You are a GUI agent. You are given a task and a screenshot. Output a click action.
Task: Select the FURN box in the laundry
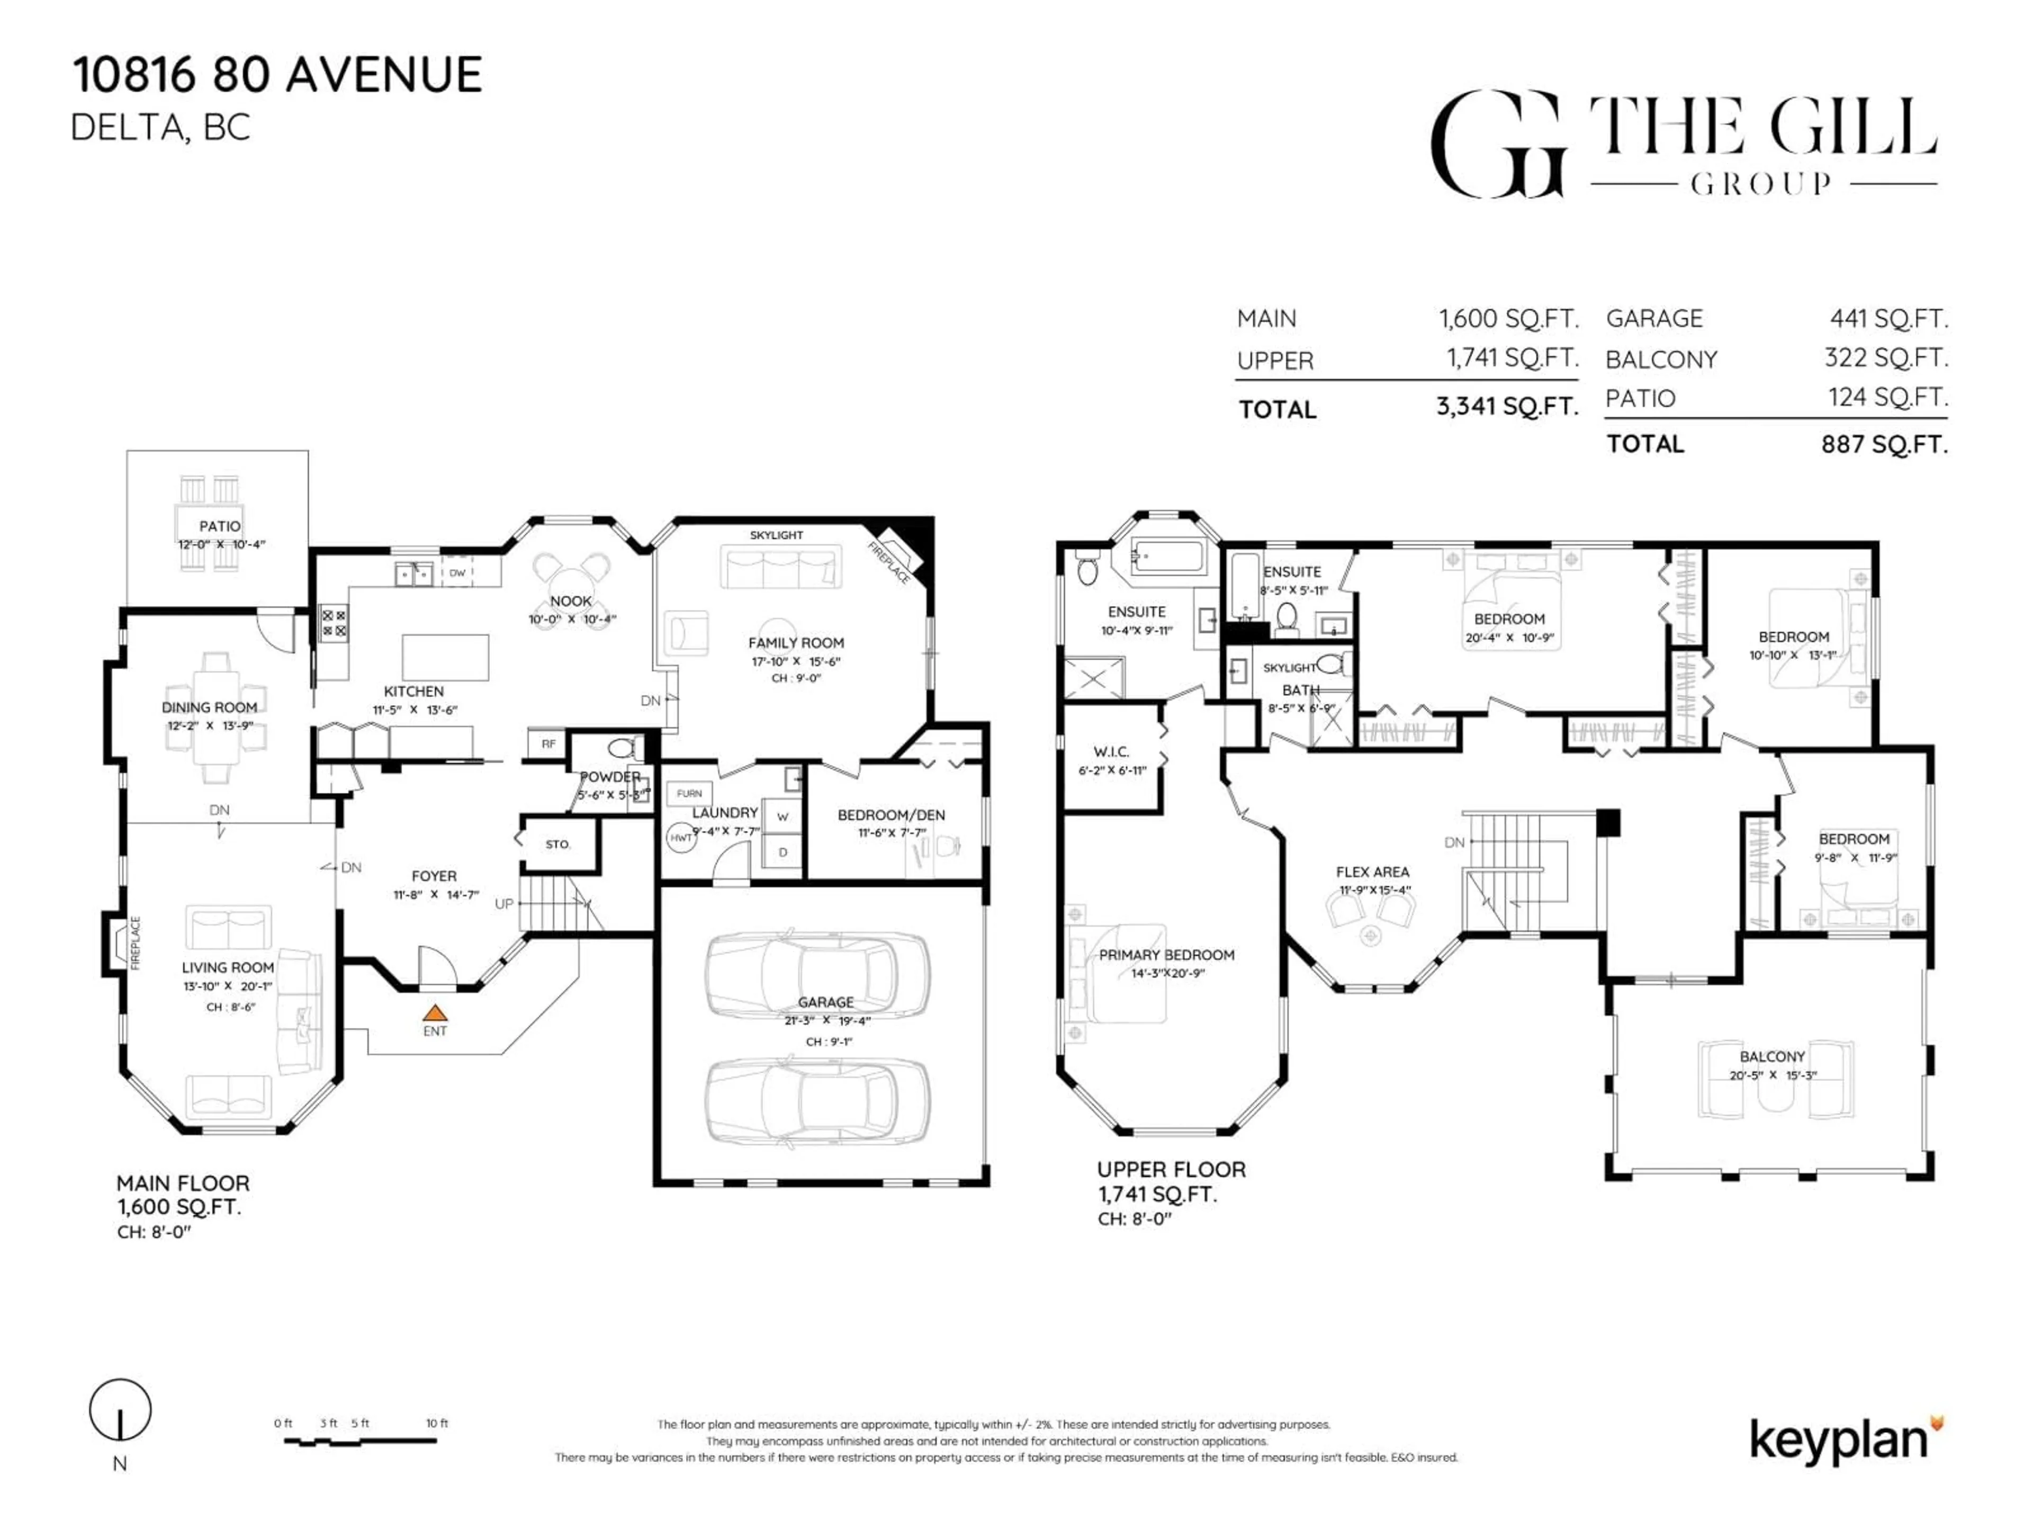(689, 793)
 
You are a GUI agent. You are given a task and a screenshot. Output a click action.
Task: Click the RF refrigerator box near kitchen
(548, 743)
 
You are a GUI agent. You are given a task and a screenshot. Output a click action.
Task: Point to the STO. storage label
(557, 844)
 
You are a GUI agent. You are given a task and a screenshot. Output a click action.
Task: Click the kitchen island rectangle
(445, 656)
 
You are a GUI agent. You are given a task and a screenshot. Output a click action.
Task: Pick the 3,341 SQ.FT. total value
(1507, 406)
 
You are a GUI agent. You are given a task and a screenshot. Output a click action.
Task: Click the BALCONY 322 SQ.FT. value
(1886, 357)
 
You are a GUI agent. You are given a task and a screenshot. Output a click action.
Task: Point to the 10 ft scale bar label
(437, 1423)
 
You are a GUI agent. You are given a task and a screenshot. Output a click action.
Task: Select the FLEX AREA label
(1372, 872)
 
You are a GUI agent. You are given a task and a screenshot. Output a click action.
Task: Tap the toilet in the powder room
(625, 747)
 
